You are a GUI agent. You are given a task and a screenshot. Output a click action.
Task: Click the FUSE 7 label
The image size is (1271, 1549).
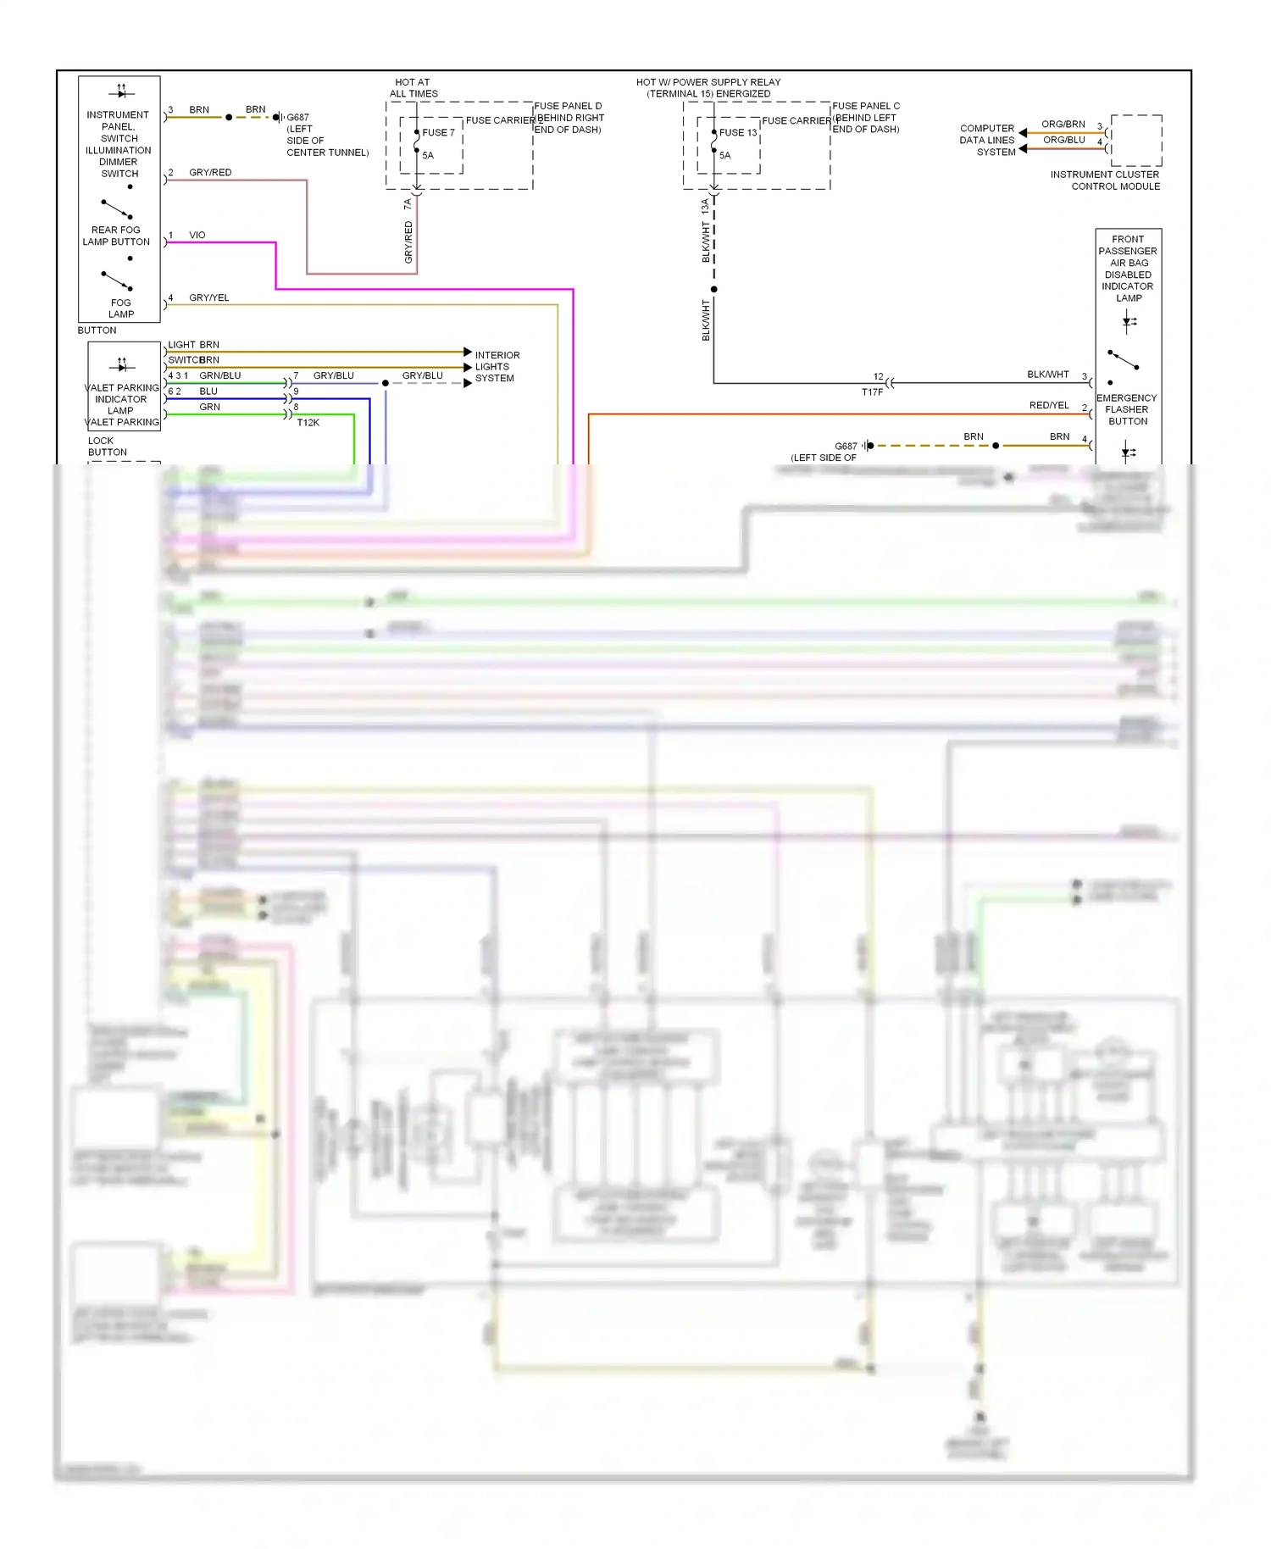tap(438, 133)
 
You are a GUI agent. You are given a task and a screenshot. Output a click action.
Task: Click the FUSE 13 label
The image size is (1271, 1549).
tap(737, 133)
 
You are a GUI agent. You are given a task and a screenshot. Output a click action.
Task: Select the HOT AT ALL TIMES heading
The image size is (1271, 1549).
tap(413, 88)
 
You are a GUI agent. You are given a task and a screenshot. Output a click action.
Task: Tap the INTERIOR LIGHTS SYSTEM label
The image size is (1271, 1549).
tap(497, 367)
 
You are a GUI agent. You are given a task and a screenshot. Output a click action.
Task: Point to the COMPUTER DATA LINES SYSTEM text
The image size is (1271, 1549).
tap(987, 141)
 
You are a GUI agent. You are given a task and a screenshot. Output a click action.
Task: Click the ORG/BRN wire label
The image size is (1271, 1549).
tap(1063, 125)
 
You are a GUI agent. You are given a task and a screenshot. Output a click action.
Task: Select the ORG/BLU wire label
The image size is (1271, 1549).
tap(1063, 140)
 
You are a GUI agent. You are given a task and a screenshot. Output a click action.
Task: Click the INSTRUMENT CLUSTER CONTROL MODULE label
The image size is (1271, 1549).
tap(1105, 180)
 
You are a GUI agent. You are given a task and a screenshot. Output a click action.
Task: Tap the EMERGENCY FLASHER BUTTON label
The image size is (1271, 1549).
tap(1126, 409)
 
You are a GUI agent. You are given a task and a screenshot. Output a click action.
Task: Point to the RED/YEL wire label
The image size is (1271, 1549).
tap(1049, 406)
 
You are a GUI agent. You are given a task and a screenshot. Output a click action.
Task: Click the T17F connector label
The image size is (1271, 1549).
tap(872, 392)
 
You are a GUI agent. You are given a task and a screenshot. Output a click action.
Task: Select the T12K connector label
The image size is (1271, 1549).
tap(308, 423)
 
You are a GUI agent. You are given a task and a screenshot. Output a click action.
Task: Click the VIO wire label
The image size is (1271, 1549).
tap(197, 236)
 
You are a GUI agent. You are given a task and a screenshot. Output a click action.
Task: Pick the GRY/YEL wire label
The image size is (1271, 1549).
tap(208, 298)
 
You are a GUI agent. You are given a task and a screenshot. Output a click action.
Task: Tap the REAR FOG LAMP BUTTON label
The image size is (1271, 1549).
tap(116, 236)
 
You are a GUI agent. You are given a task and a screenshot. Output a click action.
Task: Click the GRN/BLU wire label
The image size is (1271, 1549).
tap(219, 376)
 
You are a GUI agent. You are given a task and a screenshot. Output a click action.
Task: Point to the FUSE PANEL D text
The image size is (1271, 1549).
tap(568, 107)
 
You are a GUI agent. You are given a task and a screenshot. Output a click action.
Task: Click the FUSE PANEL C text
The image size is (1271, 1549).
tap(866, 107)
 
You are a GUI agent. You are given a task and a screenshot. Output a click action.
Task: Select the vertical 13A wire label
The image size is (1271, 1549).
tap(705, 205)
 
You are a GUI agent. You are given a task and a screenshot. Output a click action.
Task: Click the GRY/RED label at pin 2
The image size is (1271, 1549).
tap(210, 173)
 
